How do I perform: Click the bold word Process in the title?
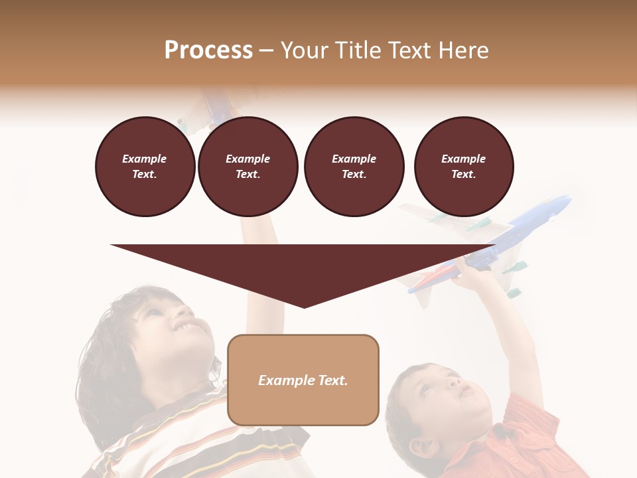[x=208, y=50]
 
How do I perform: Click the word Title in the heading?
[x=359, y=50]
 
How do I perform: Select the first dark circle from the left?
[x=145, y=166]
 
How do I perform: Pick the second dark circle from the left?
[x=248, y=166]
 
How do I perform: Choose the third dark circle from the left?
[x=354, y=166]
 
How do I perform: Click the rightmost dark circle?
[x=463, y=166]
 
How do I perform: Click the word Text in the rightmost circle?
[x=463, y=174]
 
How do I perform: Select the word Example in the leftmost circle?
[x=145, y=159]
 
